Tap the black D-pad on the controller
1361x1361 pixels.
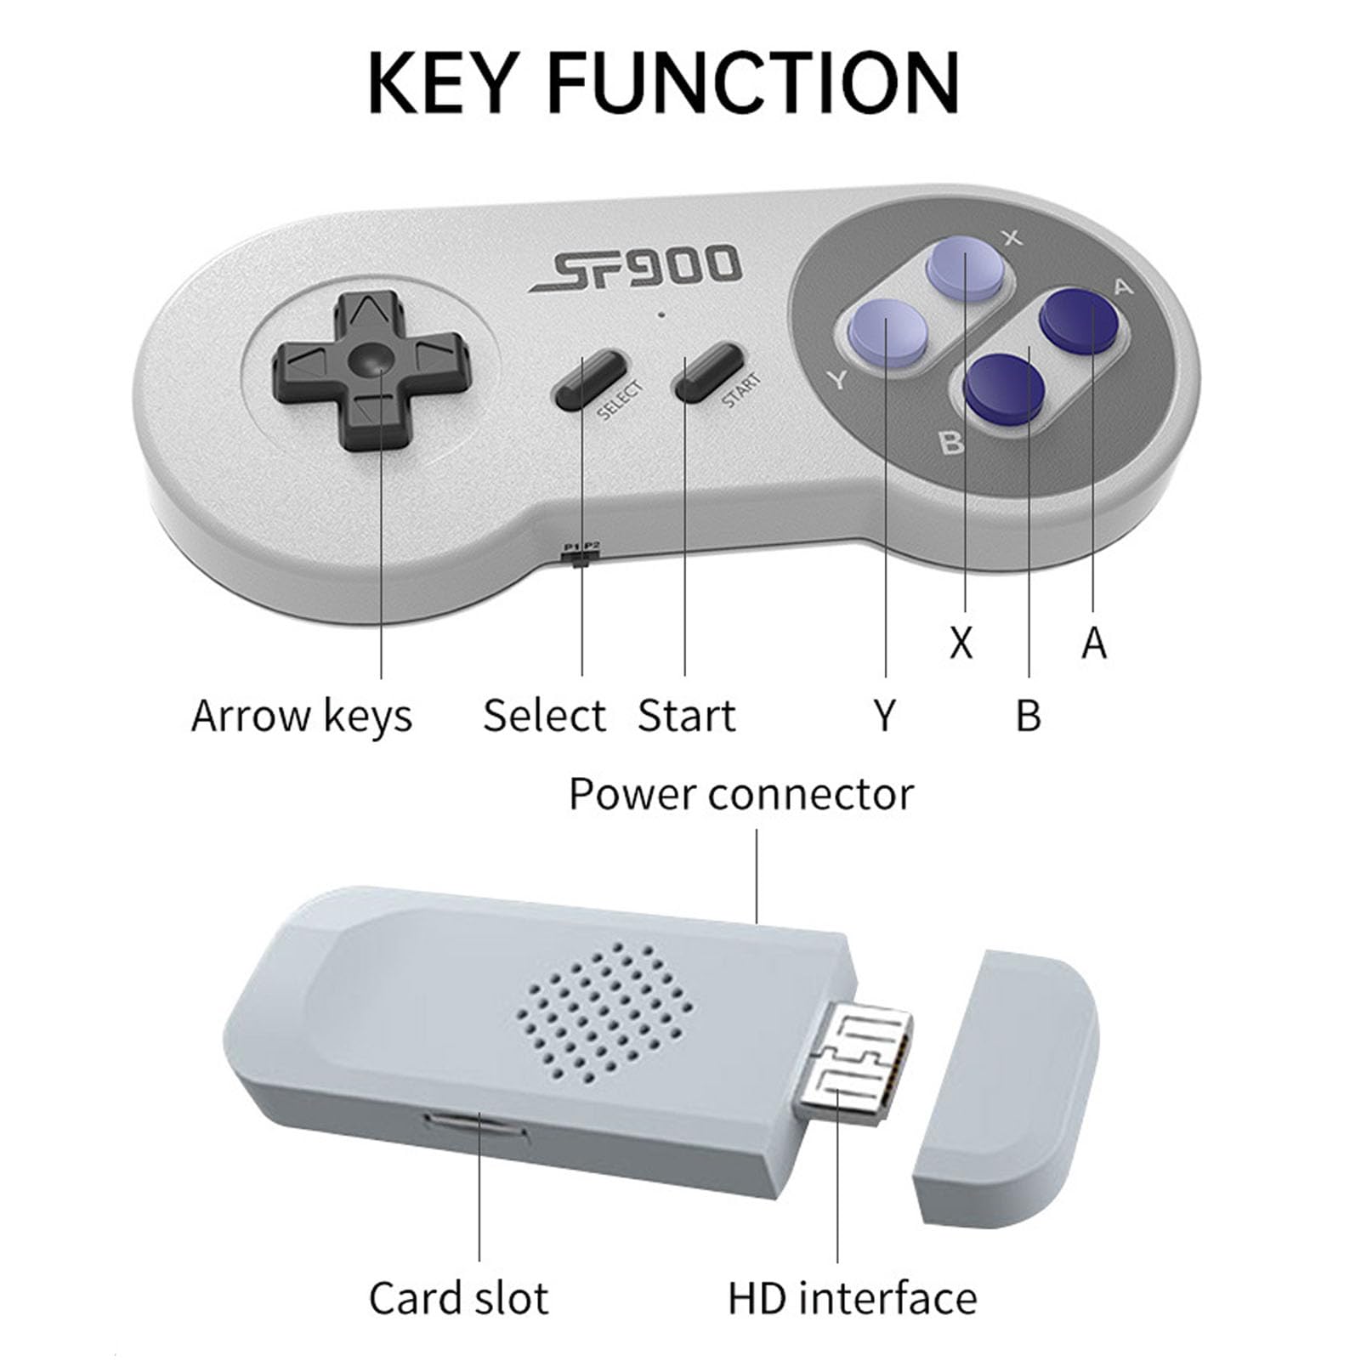click(x=370, y=370)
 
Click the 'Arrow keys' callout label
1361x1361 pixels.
click(x=302, y=716)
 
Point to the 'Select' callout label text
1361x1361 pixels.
click(x=544, y=715)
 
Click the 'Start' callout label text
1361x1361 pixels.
click(x=686, y=715)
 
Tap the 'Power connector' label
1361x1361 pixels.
click(x=741, y=795)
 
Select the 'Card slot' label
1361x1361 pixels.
click(x=459, y=1298)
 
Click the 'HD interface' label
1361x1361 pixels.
click(x=853, y=1298)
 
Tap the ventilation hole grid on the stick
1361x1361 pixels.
click(x=604, y=1010)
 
